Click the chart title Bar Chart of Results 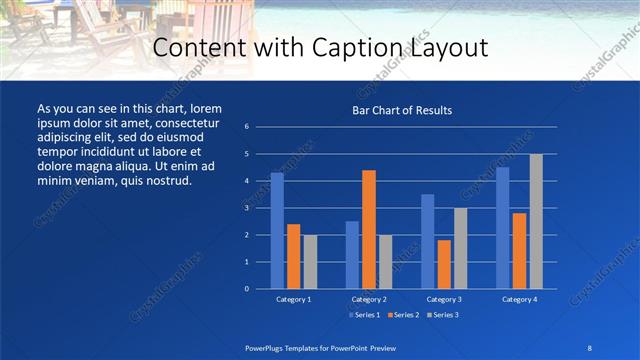pos(401,110)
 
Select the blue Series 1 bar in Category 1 pos(277,231)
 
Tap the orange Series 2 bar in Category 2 pos(368,229)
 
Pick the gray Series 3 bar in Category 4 pos(536,221)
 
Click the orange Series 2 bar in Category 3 pos(443,264)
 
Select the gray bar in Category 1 pos(310,262)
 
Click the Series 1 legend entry pos(364,315)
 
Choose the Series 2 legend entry pos(401,315)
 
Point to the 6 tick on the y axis pos(247,127)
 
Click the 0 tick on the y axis pos(247,289)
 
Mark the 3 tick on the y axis pos(247,208)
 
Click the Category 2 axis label pos(368,299)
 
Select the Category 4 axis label pos(519,299)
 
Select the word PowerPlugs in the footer pos(268,346)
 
